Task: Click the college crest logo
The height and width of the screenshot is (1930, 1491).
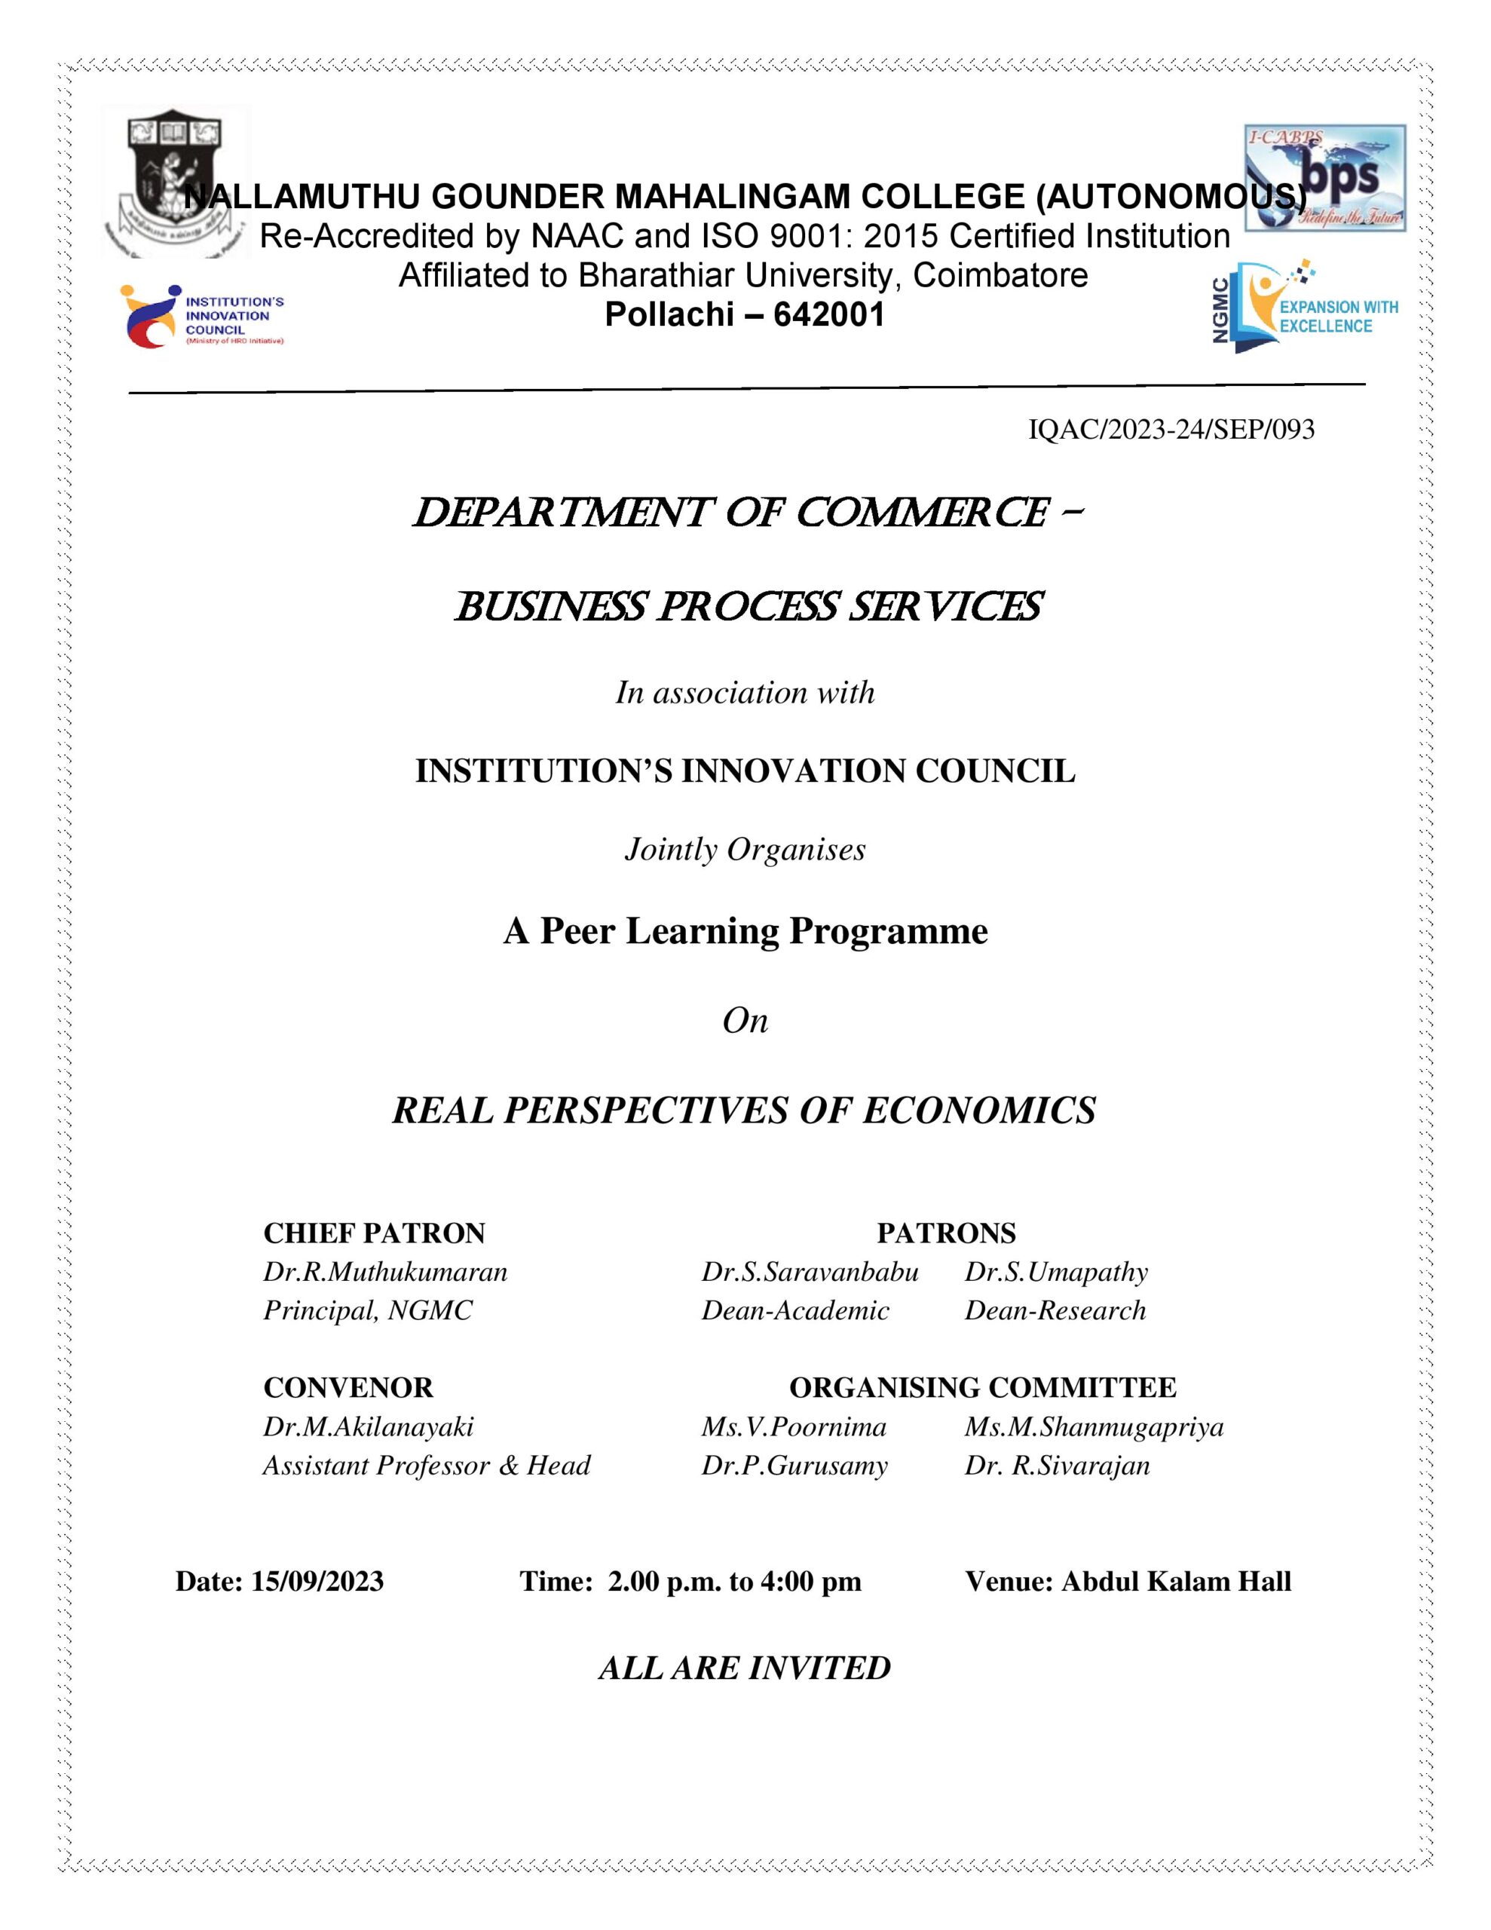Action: (x=175, y=181)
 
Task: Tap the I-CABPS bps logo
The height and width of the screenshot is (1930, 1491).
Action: (x=1324, y=178)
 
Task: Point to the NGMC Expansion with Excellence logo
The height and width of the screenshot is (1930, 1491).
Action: (x=1303, y=307)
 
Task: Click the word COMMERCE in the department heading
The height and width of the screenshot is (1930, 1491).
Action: (x=923, y=513)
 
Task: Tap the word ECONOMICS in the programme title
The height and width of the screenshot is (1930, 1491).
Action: (x=979, y=1110)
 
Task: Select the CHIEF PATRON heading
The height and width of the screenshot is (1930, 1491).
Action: (x=374, y=1233)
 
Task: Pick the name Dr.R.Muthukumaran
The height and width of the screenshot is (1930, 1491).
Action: (x=385, y=1272)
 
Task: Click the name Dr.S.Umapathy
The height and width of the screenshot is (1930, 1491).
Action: (x=1055, y=1272)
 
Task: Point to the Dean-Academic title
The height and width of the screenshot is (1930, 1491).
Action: (x=794, y=1310)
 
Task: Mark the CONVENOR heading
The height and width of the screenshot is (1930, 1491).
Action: (x=348, y=1387)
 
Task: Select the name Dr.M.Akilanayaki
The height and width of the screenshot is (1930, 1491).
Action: (x=369, y=1426)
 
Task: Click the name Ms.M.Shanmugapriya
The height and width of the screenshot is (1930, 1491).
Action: (x=1093, y=1426)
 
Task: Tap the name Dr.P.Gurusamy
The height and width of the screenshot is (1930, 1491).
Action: (x=794, y=1465)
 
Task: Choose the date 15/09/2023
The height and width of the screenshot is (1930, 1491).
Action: (x=317, y=1581)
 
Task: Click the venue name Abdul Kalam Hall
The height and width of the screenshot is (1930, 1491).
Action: (x=1175, y=1581)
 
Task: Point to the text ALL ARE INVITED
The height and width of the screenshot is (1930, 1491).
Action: (x=744, y=1668)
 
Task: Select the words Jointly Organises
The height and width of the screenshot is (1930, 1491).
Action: (x=745, y=849)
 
